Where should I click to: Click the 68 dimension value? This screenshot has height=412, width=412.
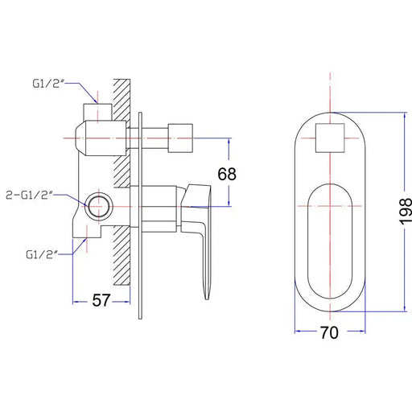pyautogui.click(x=227, y=174)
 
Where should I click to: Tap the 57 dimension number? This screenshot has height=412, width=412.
pyautogui.click(x=101, y=300)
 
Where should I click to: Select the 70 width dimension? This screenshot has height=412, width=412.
pyautogui.click(x=329, y=332)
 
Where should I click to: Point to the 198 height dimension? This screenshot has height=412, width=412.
pyautogui.click(x=406, y=212)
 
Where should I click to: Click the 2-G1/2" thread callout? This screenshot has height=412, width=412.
pyautogui.click(x=30, y=195)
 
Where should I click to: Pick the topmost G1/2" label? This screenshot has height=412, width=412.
pyautogui.click(x=49, y=84)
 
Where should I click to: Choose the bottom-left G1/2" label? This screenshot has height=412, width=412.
pyautogui.click(x=42, y=254)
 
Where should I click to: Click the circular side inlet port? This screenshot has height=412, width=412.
pyautogui.click(x=99, y=207)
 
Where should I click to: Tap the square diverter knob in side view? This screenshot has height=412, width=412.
pyautogui.click(x=180, y=138)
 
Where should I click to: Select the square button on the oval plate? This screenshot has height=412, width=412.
pyautogui.click(x=330, y=138)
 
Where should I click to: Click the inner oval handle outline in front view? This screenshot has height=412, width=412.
pyautogui.click(x=307, y=241)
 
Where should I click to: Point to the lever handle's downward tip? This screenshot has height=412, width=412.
pyautogui.click(x=207, y=299)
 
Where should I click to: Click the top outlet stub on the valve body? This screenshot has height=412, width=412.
pyautogui.click(x=97, y=112)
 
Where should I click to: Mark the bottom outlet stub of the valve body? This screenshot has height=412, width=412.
pyautogui.click(x=87, y=232)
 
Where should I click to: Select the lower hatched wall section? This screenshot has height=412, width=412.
pyautogui.click(x=122, y=255)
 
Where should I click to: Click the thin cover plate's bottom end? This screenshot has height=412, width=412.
pyautogui.click(x=140, y=319)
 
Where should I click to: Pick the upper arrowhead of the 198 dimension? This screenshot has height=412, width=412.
pyautogui.click(x=405, y=116)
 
